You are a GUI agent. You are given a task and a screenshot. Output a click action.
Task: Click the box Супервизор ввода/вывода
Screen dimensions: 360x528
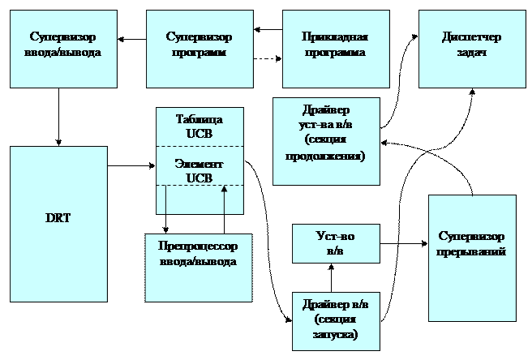[x=58, y=49]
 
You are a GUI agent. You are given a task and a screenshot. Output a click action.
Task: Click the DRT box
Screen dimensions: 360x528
[x=58, y=224]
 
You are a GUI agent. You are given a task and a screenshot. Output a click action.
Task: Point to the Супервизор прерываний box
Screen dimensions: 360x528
[x=472, y=258]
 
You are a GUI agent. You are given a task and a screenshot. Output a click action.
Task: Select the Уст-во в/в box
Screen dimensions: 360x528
[x=336, y=243]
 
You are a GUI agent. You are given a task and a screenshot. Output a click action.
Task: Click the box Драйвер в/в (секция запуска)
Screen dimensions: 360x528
[x=336, y=320]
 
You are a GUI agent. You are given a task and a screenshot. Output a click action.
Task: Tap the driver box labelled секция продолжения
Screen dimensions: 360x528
[x=326, y=141]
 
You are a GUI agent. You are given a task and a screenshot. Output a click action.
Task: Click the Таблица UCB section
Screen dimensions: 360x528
[x=200, y=126]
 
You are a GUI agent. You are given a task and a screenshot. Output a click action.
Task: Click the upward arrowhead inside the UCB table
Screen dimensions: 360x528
[x=225, y=190]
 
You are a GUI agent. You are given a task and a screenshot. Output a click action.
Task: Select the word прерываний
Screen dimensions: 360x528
[x=472, y=251]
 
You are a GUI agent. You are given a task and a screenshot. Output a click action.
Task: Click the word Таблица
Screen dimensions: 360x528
[x=200, y=119]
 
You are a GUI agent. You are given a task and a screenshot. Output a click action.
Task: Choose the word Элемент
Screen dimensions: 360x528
[x=200, y=164]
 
